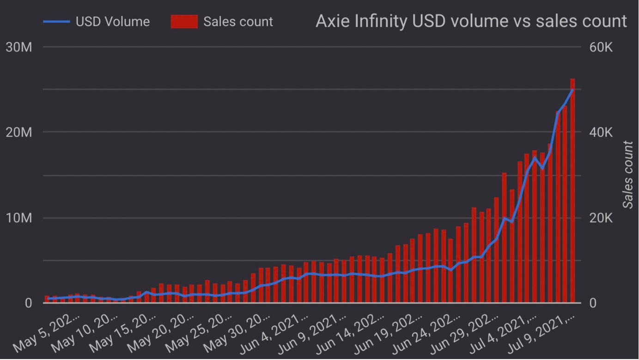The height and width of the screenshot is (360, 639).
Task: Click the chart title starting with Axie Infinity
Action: [x=471, y=21]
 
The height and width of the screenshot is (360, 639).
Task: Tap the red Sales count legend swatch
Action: [x=184, y=22]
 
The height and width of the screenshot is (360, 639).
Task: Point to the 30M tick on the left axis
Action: [x=18, y=47]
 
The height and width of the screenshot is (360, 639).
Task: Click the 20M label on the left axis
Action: [x=18, y=133]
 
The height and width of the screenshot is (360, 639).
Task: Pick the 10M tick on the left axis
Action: [x=18, y=218]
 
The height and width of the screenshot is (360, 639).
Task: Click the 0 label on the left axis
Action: [x=27, y=303]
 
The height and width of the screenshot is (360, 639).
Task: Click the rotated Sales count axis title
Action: [x=627, y=175]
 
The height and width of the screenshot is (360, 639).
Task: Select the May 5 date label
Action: [x=47, y=334]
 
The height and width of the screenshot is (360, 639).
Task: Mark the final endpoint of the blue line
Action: [x=573, y=90]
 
